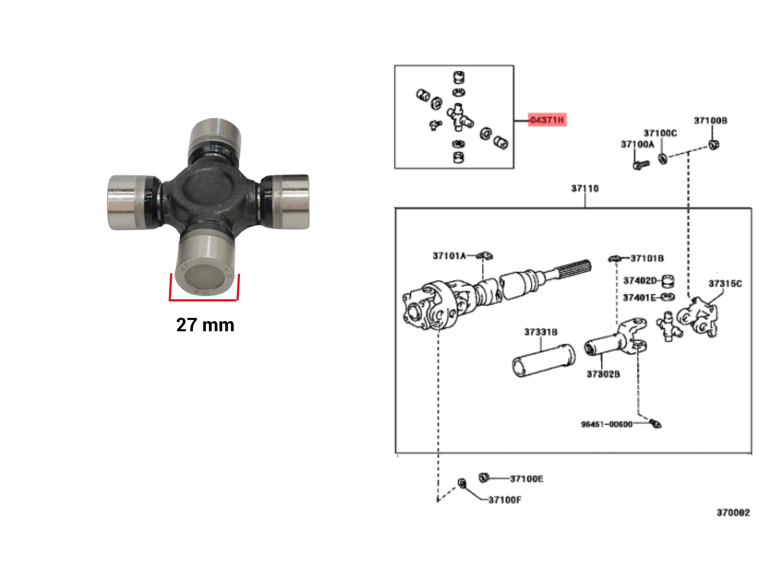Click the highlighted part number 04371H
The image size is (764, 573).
[x=547, y=120]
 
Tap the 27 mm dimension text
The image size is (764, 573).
[x=205, y=325]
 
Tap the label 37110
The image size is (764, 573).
[x=584, y=189]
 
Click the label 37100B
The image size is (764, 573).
[x=711, y=121]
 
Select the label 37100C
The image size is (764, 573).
[x=660, y=133]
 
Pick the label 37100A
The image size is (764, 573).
[x=637, y=144]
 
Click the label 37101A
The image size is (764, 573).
[x=449, y=256]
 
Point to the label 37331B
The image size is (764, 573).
[x=540, y=332]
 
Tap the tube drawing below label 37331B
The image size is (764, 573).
[x=544, y=361]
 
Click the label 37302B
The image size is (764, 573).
[x=603, y=374]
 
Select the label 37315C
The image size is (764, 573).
[x=725, y=284]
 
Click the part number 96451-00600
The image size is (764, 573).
[x=606, y=424]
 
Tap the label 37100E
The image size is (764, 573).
[x=526, y=479]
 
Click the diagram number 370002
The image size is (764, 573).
[x=733, y=512]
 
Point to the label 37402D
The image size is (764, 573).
[x=639, y=281]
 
